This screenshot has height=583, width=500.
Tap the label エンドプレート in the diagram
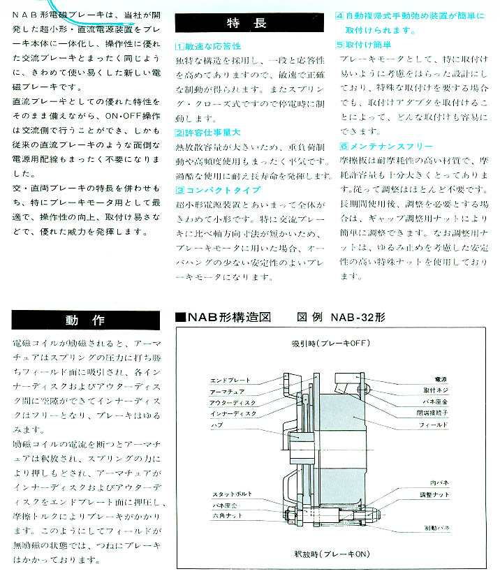[x=230, y=381]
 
